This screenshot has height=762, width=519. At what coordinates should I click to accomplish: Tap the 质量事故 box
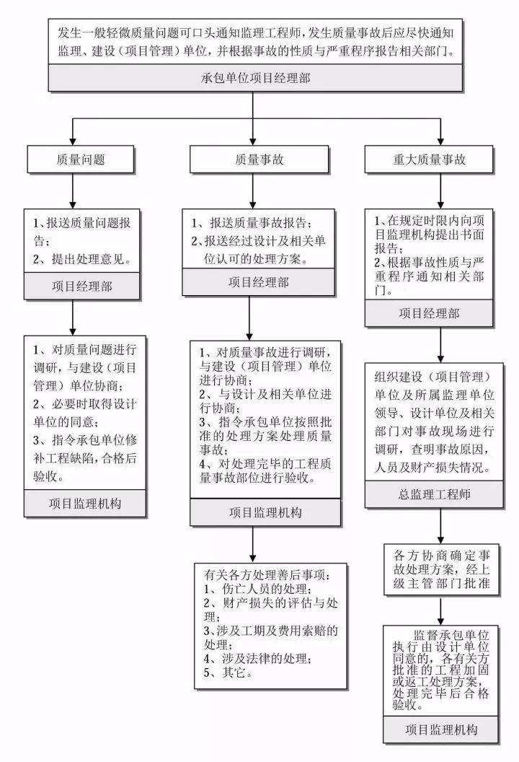point(252,159)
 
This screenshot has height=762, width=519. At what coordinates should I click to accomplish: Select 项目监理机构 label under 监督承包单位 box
point(441,730)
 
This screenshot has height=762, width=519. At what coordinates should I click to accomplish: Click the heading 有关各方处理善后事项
point(267,575)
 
